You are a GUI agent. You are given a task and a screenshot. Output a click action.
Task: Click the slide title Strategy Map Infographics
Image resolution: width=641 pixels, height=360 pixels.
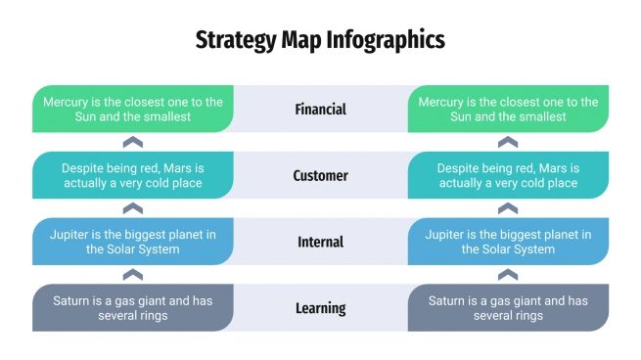click(320, 40)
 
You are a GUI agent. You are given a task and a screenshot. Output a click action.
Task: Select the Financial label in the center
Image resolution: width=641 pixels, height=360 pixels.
click(320, 109)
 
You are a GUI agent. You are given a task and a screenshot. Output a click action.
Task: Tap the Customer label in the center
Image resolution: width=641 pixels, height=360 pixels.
click(320, 175)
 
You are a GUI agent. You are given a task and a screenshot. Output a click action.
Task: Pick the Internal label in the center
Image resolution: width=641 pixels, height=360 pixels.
click(320, 242)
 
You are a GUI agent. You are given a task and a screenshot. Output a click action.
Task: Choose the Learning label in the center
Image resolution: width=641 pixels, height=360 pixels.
click(320, 308)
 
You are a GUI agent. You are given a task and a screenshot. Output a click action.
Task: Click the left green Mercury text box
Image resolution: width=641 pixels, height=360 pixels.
click(133, 109)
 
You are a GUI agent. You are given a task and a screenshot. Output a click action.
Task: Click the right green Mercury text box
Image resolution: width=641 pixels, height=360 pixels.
click(508, 109)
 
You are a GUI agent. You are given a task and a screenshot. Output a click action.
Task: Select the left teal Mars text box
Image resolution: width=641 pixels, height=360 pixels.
click(133, 175)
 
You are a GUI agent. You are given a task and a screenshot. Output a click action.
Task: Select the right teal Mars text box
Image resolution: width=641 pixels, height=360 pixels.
click(508, 175)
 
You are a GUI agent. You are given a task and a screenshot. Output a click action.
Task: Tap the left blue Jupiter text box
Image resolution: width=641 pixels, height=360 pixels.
click(133, 242)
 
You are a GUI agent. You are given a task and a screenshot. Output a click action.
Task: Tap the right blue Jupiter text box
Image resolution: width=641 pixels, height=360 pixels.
click(508, 242)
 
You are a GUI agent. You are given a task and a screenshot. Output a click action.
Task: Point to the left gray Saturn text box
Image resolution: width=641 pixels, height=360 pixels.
click(133, 308)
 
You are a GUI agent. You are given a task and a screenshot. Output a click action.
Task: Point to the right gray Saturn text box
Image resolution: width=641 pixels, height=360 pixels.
click(508, 308)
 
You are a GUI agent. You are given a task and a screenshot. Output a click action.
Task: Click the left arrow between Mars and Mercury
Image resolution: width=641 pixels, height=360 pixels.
click(133, 142)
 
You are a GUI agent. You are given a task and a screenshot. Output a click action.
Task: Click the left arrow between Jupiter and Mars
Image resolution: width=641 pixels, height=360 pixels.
click(133, 208)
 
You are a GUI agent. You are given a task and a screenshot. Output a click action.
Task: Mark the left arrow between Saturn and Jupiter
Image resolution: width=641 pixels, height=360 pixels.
click(133, 275)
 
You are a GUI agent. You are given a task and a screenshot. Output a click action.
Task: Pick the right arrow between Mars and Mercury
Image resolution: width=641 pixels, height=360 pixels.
click(508, 142)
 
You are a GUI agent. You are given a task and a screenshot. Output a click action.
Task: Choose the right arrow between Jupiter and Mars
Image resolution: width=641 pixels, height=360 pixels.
click(508, 208)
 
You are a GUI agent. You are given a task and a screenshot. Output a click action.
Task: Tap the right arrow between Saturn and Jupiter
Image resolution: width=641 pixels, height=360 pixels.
click(508, 275)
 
